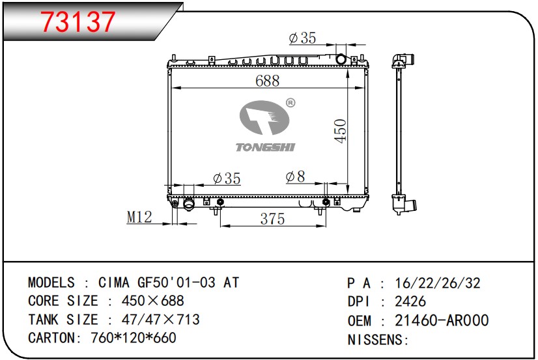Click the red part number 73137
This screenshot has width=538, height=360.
point(78,22)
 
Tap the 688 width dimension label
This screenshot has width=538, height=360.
point(267,81)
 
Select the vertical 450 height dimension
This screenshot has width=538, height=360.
point(341,131)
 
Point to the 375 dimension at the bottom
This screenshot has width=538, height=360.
point(272,219)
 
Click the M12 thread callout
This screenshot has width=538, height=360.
point(139,217)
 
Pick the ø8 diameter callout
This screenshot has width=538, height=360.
point(295,177)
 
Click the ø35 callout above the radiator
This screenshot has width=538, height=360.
point(302,38)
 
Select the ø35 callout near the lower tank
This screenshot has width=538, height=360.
point(227,178)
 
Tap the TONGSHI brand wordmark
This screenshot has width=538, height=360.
point(265,147)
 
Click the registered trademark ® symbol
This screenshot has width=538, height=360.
point(290,102)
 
